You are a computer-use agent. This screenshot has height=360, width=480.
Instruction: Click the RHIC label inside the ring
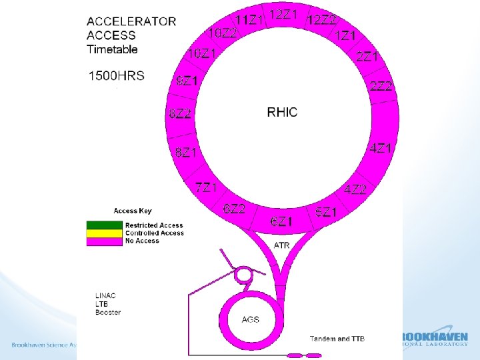282,111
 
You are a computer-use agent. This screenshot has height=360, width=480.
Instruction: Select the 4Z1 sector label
380,148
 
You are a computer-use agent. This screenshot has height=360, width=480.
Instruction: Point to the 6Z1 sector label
281,221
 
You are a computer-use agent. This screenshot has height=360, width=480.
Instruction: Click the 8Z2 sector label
180,113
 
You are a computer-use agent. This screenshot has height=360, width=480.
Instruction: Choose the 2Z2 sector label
381,86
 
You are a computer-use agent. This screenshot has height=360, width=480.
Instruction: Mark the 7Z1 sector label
206,187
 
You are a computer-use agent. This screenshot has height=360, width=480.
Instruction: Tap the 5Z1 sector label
327,213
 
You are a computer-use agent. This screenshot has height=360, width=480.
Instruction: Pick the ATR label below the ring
282,245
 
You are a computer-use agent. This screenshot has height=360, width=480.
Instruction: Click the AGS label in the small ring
251,319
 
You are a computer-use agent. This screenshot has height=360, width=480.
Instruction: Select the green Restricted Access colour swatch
105,225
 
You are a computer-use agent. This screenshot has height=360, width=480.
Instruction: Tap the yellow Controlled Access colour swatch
105,233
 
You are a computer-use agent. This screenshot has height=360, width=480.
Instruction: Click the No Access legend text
142,241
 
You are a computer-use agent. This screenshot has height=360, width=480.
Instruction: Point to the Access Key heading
133,211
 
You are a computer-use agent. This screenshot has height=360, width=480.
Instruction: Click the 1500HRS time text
117,75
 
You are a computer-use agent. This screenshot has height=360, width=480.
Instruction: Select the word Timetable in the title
113,49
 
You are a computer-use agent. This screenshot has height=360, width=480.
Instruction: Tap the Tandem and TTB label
337,339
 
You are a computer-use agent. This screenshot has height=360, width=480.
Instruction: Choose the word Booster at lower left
108,312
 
